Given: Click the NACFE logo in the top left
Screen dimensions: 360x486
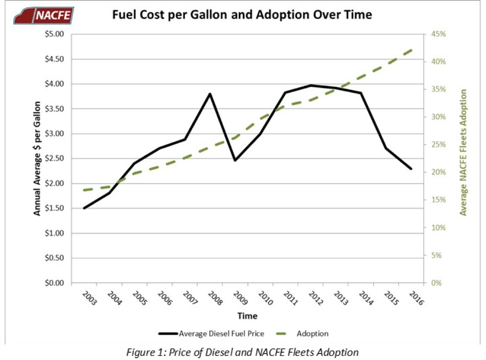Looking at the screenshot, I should (44, 15).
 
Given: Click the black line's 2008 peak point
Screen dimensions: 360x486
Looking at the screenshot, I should (210, 94).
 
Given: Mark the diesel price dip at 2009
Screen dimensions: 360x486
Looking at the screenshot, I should (235, 160).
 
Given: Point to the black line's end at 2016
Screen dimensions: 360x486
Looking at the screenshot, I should (411, 169).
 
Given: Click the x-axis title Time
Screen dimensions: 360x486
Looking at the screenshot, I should (248, 316).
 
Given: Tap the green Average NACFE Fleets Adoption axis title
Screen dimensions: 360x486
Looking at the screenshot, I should (464, 152).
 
